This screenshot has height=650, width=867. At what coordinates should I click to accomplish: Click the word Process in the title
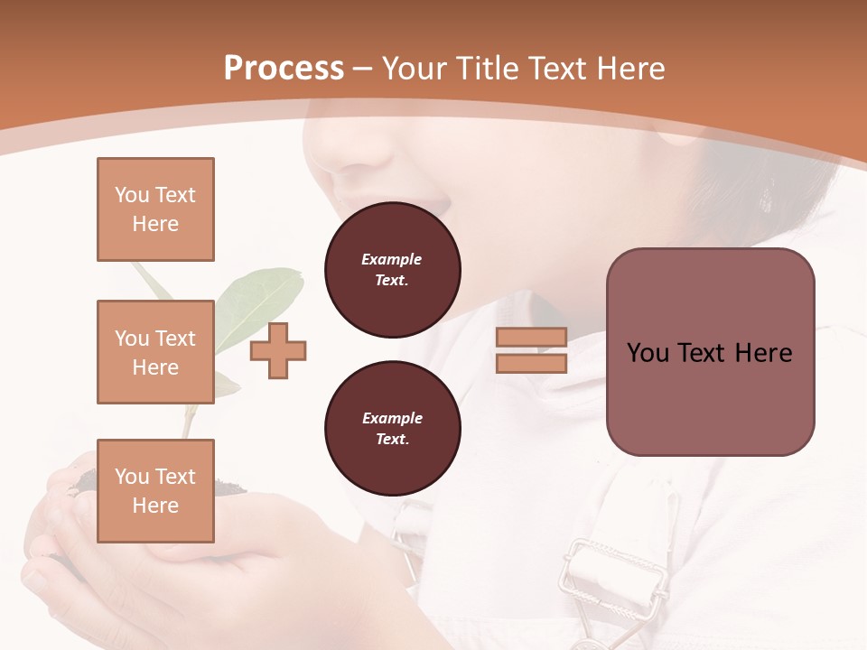click(284, 69)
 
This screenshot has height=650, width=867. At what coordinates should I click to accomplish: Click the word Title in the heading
click(486, 69)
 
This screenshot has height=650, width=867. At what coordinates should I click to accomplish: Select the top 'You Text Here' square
click(155, 209)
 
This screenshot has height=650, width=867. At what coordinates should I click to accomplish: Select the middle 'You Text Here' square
click(155, 352)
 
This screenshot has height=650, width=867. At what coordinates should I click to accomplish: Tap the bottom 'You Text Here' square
click(155, 490)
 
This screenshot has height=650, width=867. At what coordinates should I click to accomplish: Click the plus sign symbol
click(278, 351)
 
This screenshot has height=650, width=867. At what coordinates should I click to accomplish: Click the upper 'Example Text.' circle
click(392, 270)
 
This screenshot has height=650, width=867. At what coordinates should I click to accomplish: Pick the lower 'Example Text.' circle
click(392, 429)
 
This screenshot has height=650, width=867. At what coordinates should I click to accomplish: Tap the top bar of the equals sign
click(531, 337)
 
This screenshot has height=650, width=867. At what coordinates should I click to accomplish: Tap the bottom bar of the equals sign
click(531, 363)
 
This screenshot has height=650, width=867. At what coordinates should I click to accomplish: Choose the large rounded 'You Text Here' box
click(710, 352)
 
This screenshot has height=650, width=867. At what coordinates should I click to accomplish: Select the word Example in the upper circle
click(392, 259)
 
